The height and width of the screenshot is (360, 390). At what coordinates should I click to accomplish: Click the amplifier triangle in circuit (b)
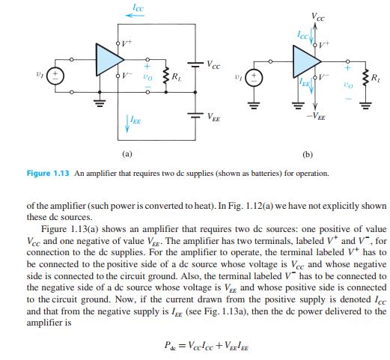click(x=305, y=61)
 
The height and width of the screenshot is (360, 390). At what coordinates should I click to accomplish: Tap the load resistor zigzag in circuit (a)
click(x=166, y=76)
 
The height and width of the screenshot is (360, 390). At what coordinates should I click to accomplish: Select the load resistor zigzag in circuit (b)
click(x=366, y=78)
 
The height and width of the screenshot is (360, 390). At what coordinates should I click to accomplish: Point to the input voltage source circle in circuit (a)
click(x=55, y=76)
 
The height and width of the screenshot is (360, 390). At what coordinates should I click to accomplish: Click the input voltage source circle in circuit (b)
click(x=254, y=77)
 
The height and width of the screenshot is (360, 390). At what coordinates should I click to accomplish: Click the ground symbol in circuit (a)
click(x=100, y=103)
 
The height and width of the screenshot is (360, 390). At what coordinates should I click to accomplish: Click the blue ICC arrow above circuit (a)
click(x=135, y=16)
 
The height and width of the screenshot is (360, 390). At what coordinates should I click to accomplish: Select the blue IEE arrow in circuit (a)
click(x=127, y=123)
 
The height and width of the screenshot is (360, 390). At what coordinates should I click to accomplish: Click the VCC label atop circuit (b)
click(x=317, y=17)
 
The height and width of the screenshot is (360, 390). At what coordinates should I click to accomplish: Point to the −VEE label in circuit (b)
click(x=316, y=116)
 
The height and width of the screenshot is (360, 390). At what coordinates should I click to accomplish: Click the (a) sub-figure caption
click(x=127, y=153)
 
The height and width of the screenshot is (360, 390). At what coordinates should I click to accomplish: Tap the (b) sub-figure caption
click(x=308, y=155)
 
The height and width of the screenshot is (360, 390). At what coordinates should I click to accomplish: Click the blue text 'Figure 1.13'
click(x=48, y=173)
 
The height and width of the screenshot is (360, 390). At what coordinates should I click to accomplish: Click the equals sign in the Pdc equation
click(x=183, y=346)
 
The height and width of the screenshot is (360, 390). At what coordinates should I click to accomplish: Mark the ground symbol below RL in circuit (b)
click(x=365, y=106)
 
